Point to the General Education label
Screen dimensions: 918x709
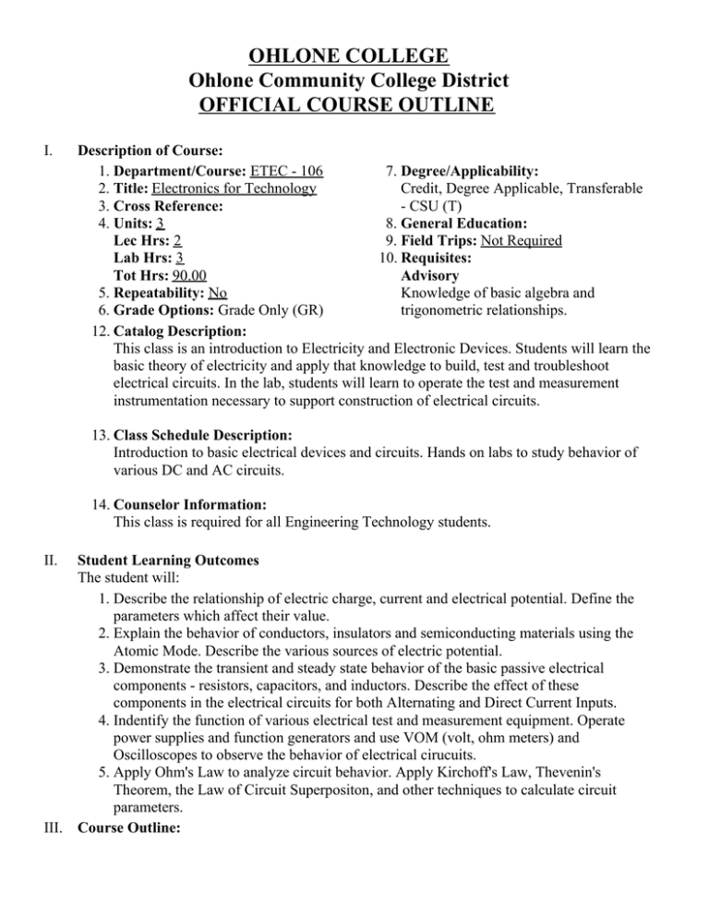(x=471, y=223)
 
